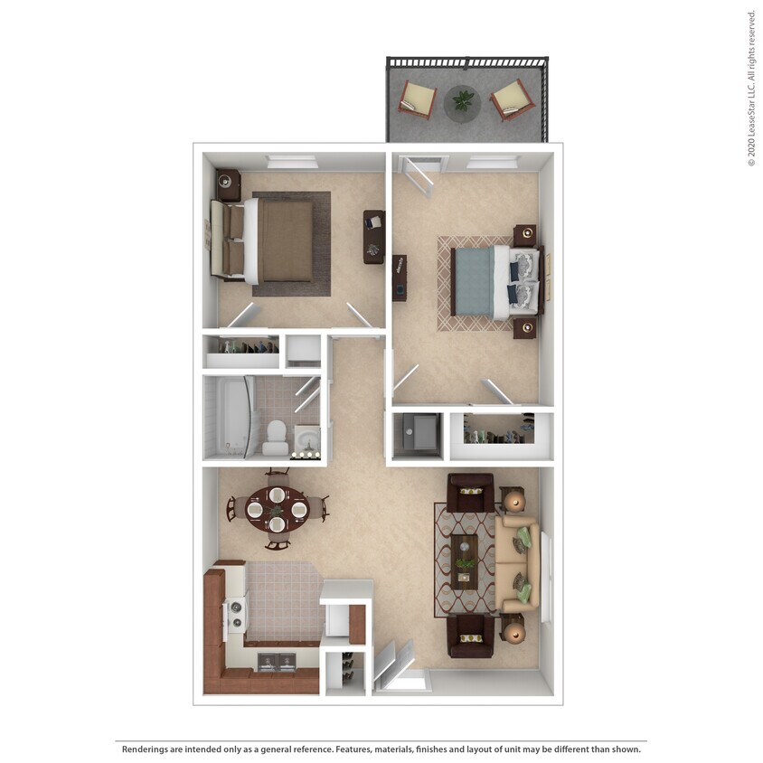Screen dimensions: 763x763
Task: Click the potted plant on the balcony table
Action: [462, 100]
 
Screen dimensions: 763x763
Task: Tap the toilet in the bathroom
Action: [276, 438]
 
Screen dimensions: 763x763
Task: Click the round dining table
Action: [277, 510]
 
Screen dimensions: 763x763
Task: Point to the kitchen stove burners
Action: [236, 615]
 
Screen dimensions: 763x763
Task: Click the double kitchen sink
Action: [277, 662]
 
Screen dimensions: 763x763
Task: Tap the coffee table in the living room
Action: [465, 561]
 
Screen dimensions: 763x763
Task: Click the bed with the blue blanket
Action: [496, 282]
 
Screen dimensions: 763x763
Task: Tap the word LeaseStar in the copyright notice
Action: [751, 113]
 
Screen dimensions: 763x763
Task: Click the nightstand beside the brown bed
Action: [228, 185]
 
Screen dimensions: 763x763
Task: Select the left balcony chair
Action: [417, 99]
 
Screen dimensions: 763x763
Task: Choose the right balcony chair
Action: [512, 100]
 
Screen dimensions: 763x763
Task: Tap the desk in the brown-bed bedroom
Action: [373, 237]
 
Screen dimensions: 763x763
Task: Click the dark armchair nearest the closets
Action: [470, 492]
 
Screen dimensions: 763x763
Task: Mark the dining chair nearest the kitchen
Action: [278, 542]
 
